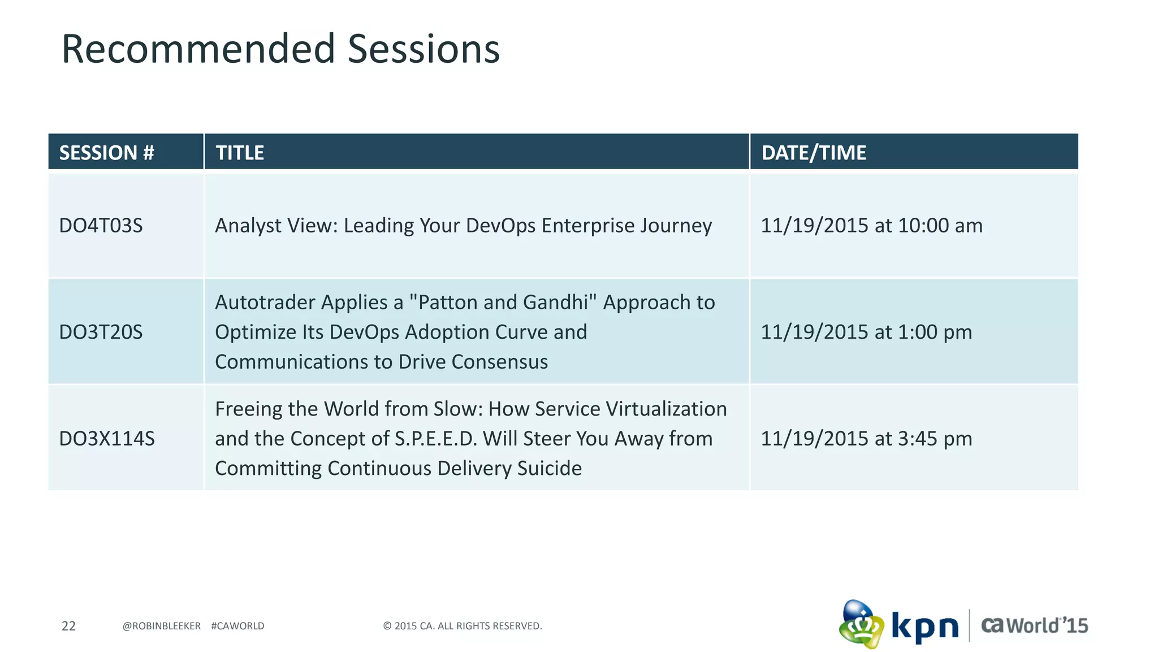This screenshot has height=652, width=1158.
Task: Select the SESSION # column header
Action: (x=106, y=153)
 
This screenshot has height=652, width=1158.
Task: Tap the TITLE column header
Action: (x=240, y=153)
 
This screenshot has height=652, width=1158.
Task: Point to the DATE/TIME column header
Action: (x=813, y=153)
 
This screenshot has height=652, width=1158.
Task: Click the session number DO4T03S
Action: (x=101, y=226)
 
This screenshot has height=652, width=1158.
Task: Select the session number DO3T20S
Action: (x=101, y=332)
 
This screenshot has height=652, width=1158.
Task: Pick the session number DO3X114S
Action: (x=106, y=439)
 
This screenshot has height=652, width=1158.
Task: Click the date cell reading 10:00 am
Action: (x=871, y=226)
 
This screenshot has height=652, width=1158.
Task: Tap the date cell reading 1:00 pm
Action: (x=866, y=332)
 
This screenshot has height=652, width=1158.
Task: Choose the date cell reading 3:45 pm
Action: (x=866, y=439)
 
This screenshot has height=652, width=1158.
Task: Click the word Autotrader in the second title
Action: (x=265, y=303)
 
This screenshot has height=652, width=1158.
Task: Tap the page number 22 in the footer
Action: (x=68, y=626)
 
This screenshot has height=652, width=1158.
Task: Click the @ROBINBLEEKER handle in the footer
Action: (x=161, y=626)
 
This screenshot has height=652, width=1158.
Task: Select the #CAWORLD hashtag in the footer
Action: (x=237, y=626)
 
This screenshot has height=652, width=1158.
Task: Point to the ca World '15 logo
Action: (x=1034, y=625)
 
